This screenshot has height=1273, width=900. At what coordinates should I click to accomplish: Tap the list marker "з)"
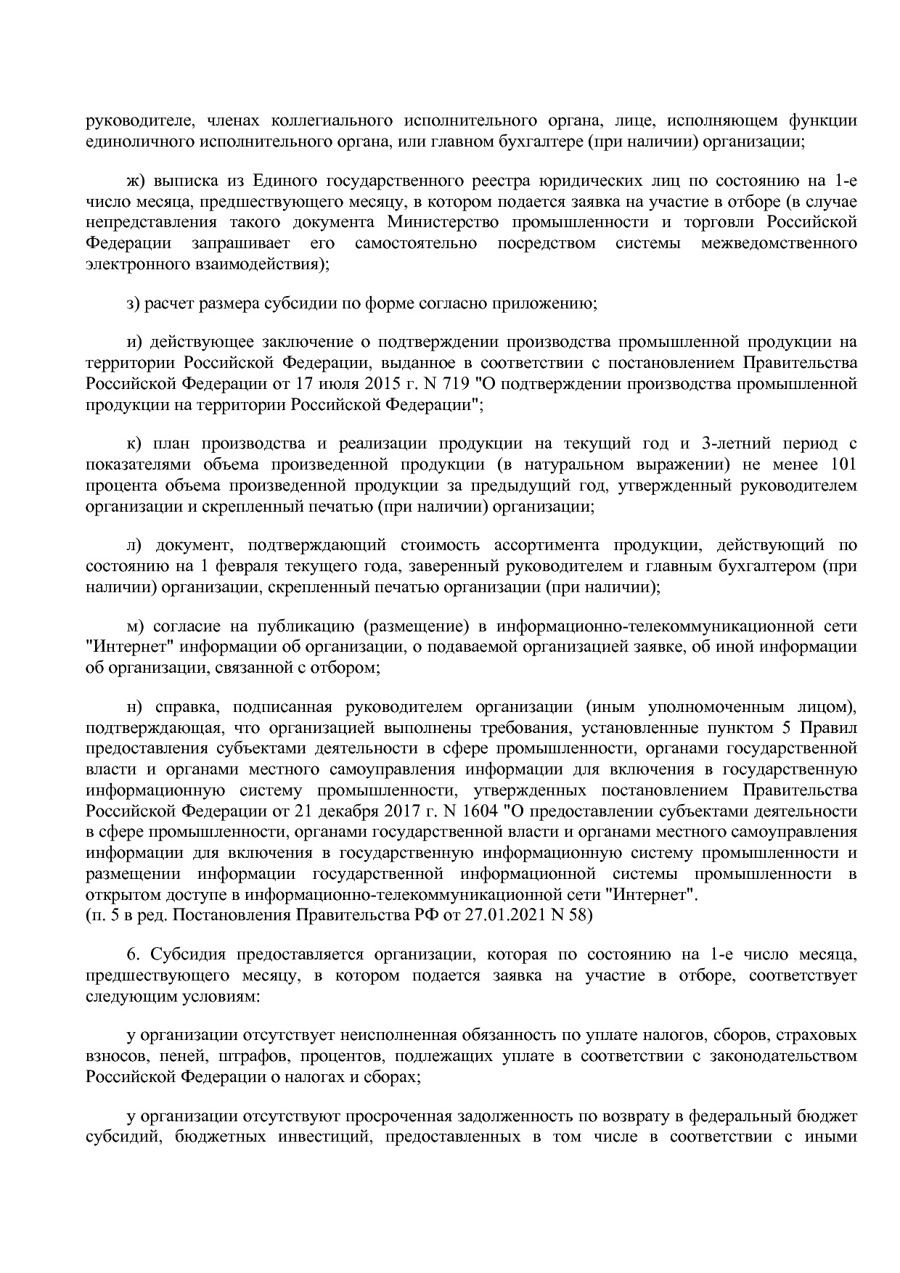coord(133,303)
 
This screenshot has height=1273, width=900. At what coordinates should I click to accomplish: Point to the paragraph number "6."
coord(133,954)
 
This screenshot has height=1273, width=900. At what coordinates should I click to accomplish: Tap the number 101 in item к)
coord(841,464)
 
